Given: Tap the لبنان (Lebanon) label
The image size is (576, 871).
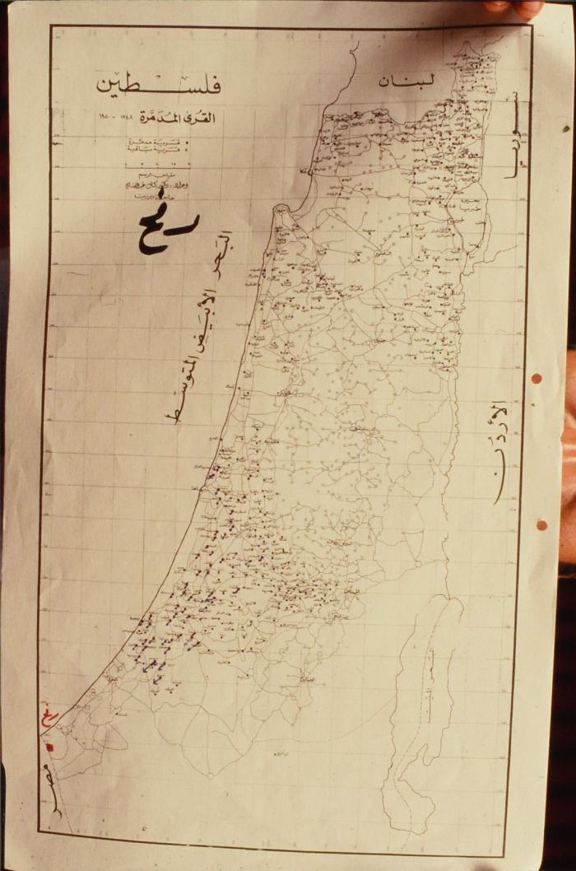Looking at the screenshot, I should click(405, 80).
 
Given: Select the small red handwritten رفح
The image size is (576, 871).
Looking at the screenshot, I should click(52, 721).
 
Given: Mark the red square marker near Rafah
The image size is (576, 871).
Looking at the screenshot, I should click(49, 748).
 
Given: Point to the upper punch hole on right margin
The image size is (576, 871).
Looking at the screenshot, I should click(537, 379).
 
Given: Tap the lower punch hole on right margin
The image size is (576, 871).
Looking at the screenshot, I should click(541, 524).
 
